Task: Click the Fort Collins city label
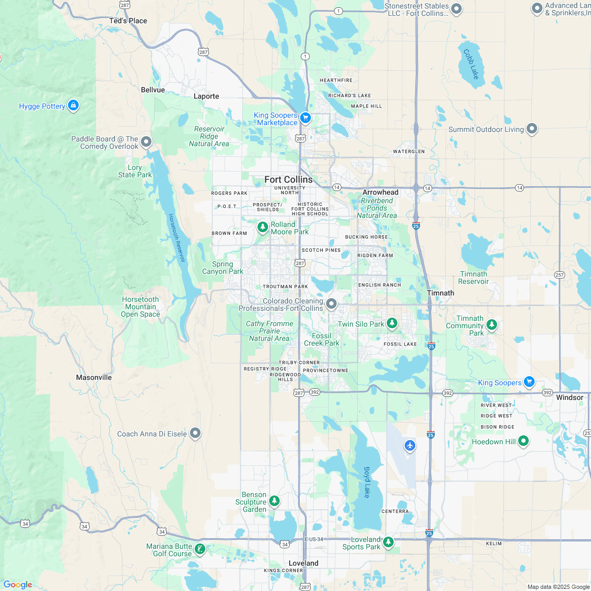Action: pyautogui.click(x=288, y=179)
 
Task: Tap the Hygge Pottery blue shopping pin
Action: pyautogui.click(x=73, y=106)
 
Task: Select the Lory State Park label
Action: pyautogui.click(x=135, y=171)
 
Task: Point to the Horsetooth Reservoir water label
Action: pyautogui.click(x=177, y=238)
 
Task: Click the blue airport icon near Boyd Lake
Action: pyautogui.click(x=410, y=445)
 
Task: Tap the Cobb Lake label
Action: pyautogui.click(x=471, y=64)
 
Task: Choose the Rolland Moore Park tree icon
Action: pyautogui.click(x=262, y=227)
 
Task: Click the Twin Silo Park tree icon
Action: pyautogui.click(x=392, y=323)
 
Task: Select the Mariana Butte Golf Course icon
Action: pyautogui.click(x=200, y=549)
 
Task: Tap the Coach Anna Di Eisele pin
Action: pyautogui.click(x=195, y=433)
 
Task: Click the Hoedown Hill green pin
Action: pyautogui.click(x=523, y=441)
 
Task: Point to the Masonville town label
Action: pyautogui.click(x=94, y=377)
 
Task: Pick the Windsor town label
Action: pyautogui.click(x=569, y=397)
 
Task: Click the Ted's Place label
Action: pyautogui.click(x=128, y=21)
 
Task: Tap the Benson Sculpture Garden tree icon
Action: pyautogui.click(x=274, y=500)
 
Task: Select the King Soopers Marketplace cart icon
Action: pyautogui.click(x=305, y=117)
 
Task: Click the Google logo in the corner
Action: pyautogui.click(x=17, y=584)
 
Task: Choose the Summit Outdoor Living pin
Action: pyautogui.click(x=532, y=129)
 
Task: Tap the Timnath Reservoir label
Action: pyautogui.click(x=473, y=278)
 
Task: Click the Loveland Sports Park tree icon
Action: pyautogui.click(x=388, y=541)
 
